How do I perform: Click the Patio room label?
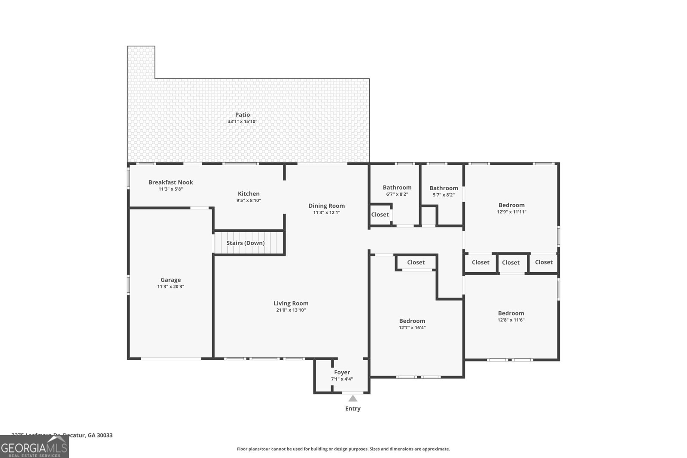click(242, 115)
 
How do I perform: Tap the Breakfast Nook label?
click(170, 182)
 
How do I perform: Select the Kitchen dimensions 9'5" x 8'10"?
click(249, 200)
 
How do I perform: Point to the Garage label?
click(170, 280)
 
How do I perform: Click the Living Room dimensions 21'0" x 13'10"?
click(291, 310)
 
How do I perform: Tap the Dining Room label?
click(326, 206)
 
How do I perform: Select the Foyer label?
click(342, 372)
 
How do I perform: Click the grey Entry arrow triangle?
click(353, 398)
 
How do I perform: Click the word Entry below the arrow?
click(353, 409)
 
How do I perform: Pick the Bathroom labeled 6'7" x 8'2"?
click(397, 188)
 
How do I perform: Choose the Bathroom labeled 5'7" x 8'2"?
click(444, 188)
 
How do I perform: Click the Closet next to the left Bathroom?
click(380, 215)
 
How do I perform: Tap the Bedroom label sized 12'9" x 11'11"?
click(511, 205)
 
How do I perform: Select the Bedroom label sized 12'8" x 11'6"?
click(511, 313)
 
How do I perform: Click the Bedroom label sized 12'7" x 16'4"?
click(412, 321)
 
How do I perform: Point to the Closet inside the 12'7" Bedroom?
click(416, 262)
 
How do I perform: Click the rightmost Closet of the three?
click(544, 262)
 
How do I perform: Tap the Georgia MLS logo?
click(34, 447)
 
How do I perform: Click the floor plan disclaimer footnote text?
click(343, 449)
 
